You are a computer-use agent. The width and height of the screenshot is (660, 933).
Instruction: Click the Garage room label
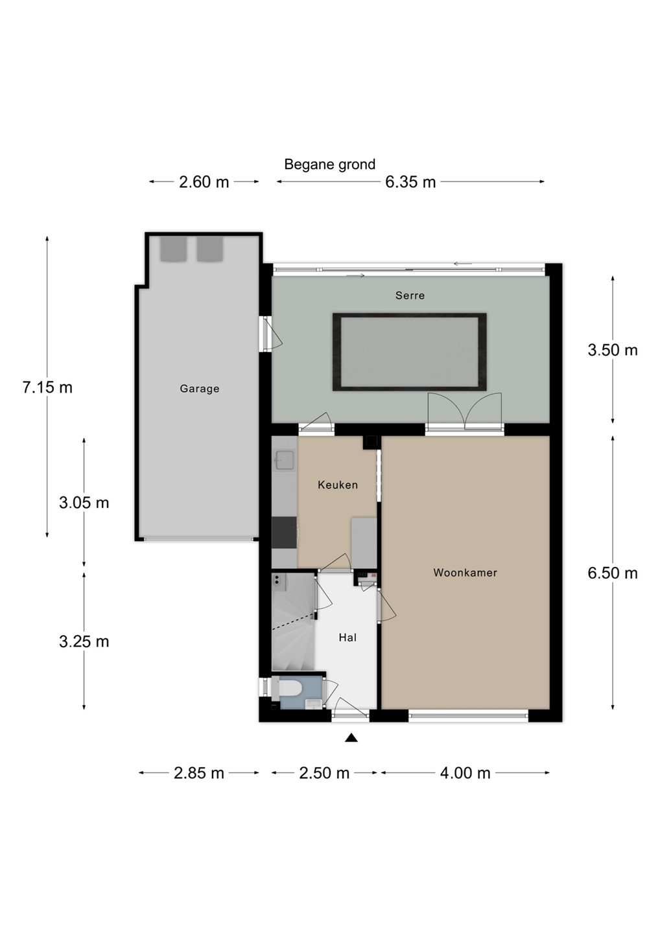(x=199, y=389)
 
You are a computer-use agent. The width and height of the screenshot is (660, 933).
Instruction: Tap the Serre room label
(x=410, y=295)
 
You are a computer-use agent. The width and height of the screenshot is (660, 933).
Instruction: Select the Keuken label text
(x=338, y=485)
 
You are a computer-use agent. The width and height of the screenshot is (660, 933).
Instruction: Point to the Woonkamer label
(x=465, y=573)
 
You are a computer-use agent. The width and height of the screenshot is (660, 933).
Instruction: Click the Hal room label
(x=348, y=638)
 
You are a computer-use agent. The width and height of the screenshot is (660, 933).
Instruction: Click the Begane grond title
(x=329, y=165)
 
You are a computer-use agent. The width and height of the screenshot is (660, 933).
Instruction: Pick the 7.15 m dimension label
(x=47, y=387)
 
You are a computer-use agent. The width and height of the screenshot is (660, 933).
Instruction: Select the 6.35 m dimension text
(x=410, y=182)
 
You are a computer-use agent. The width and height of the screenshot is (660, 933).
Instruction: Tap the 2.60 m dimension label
(x=204, y=182)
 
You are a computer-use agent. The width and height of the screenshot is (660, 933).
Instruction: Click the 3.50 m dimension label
(x=613, y=351)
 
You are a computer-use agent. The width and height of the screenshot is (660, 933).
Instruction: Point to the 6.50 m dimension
(x=613, y=573)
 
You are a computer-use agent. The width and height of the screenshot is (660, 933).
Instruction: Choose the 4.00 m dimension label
(x=465, y=774)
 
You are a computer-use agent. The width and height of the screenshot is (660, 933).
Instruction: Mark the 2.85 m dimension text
(x=199, y=774)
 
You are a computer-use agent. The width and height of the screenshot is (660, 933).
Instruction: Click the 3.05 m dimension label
(x=84, y=503)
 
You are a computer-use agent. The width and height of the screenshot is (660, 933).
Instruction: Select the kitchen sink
(x=284, y=460)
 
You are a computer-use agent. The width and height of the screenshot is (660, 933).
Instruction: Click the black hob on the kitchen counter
(x=284, y=533)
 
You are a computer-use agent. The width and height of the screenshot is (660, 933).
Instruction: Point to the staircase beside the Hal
(x=293, y=622)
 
